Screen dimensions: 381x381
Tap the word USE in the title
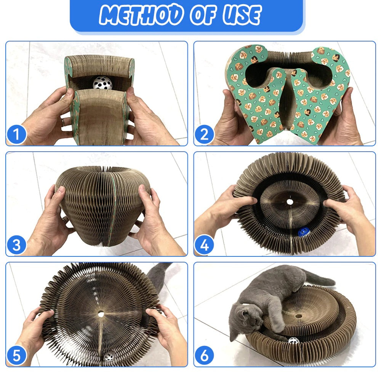tap(242, 15)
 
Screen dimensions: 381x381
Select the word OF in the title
tap(203, 15)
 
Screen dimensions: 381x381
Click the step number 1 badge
tap(16, 134)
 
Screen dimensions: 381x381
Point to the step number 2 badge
tap(204, 134)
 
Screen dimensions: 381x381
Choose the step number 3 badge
tap(16, 245)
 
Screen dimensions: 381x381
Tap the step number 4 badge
tap(204, 245)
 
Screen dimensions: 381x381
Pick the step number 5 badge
tap(16, 355)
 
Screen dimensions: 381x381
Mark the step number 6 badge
tap(204, 355)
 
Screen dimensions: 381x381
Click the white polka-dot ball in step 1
tap(102, 83)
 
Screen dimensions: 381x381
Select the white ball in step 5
tap(109, 357)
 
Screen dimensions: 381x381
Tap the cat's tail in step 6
tap(320, 279)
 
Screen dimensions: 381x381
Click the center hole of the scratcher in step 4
tap(290, 202)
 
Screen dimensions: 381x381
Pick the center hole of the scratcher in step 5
tap(101, 314)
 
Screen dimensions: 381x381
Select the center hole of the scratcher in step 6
tap(299, 316)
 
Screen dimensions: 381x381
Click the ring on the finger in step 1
tap(63, 122)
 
